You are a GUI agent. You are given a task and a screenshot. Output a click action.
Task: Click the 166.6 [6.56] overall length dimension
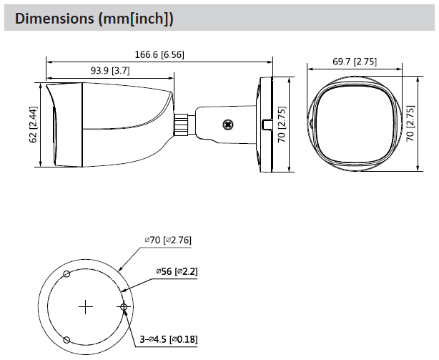tap(159, 54)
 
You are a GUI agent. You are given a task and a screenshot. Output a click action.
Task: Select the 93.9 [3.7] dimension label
tap(109, 71)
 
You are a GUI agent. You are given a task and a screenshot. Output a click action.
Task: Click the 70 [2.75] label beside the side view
tap(283, 125)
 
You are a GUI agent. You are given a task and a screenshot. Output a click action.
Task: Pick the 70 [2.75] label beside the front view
tap(410, 125)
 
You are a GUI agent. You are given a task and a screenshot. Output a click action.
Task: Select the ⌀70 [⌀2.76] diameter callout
tap(167, 240)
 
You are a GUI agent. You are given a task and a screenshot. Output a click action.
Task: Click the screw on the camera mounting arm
tap(228, 124)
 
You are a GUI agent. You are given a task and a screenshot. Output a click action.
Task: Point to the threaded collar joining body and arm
tap(182, 124)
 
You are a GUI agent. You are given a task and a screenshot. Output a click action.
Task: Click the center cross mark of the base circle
tap(86, 307)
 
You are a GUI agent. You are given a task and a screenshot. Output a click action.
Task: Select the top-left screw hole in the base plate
tap(66, 274)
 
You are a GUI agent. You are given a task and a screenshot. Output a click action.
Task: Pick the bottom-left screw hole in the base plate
tap(66, 340)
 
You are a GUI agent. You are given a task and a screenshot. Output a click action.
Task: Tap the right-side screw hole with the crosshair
tap(124, 308)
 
